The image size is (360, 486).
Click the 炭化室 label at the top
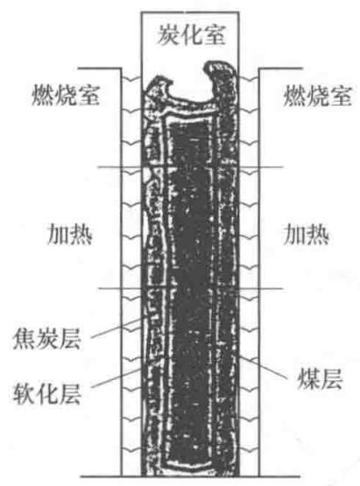click(x=192, y=34)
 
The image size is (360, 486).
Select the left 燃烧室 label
click(x=66, y=95)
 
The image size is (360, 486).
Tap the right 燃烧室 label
click(x=318, y=95)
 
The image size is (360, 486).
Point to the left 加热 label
click(x=70, y=235)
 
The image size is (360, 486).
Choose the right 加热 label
click(x=307, y=235)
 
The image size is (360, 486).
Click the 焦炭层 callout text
click(x=47, y=339)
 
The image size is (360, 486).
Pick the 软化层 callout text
click(x=47, y=394)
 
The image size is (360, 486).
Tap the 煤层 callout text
click(x=320, y=379)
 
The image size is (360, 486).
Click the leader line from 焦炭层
click(x=119, y=328)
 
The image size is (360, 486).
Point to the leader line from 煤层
click(x=263, y=367)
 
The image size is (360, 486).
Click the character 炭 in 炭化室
click(x=169, y=34)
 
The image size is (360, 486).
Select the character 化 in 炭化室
click(x=192, y=34)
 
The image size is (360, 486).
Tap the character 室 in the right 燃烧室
click(x=341, y=95)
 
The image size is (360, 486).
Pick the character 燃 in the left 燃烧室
click(x=43, y=95)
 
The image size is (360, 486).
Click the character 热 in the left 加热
click(x=81, y=235)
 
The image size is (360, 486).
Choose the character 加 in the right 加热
click(x=294, y=235)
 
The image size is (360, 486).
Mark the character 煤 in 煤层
click(x=308, y=379)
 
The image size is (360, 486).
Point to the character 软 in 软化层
click(x=25, y=394)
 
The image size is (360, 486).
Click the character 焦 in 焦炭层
click(x=25, y=339)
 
